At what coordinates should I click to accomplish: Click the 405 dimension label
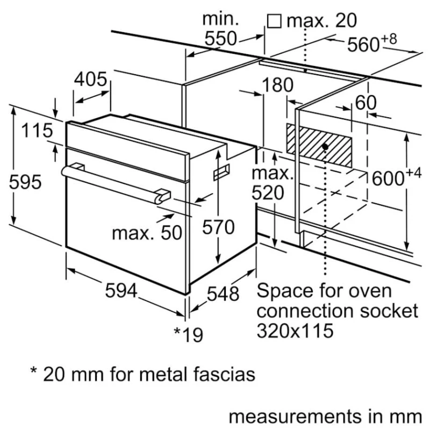tap(90, 80)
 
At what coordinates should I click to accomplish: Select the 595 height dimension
tap(25, 182)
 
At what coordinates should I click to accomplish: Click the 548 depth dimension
tap(223, 293)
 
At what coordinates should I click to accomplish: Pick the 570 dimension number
tap(219, 227)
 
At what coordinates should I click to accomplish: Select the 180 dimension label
tap(278, 85)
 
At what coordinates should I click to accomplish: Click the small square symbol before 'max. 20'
tap(275, 20)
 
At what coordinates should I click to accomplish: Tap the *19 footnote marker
tap(189, 335)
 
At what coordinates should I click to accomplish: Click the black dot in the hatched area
tap(326, 146)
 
